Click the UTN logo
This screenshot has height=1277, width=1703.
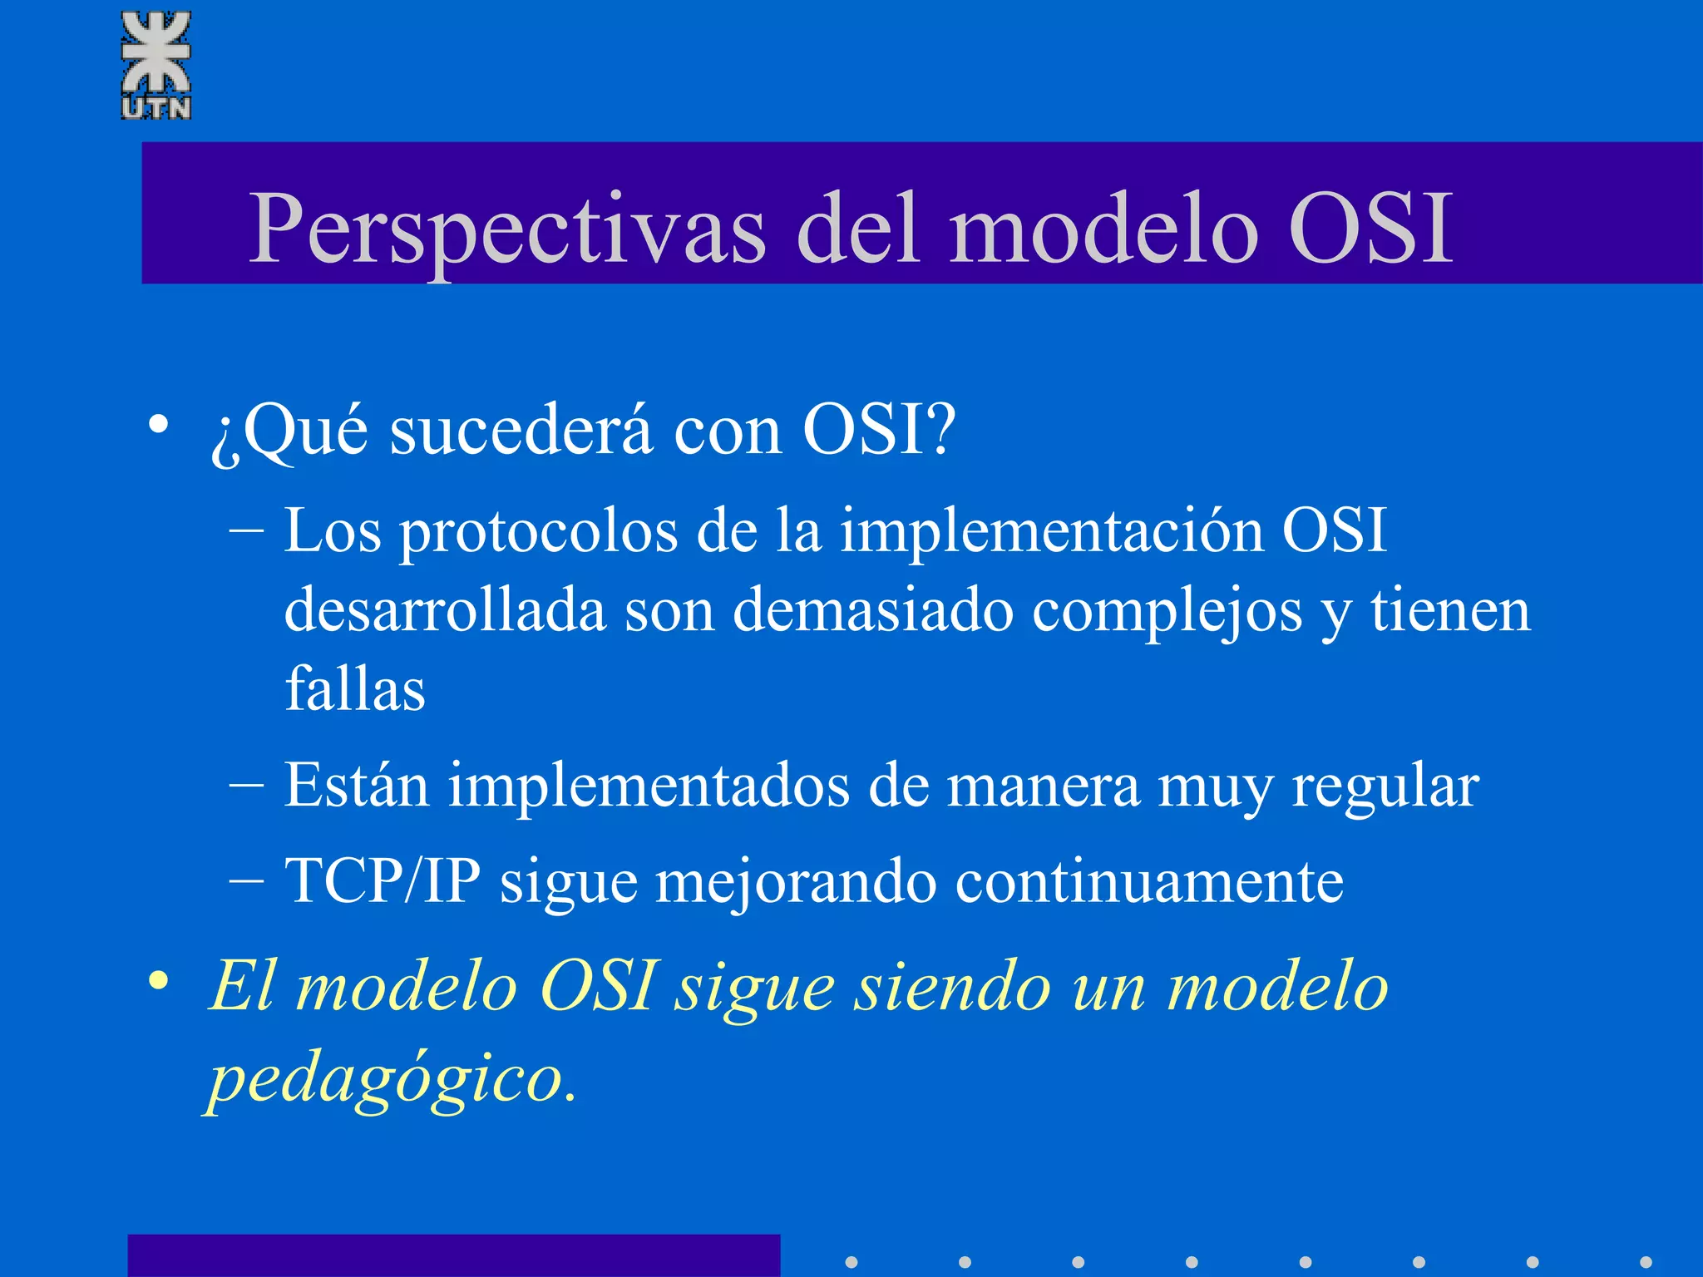click(155, 65)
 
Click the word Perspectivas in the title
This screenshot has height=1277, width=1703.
click(506, 229)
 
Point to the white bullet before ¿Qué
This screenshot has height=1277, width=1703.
click(158, 425)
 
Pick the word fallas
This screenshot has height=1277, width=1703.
click(355, 689)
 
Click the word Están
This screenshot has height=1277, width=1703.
click(356, 785)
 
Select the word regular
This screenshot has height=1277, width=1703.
click(1385, 786)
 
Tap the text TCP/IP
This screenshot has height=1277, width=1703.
click(383, 880)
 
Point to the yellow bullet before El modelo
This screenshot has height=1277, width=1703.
click(158, 981)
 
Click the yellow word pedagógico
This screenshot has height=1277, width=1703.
click(391, 1079)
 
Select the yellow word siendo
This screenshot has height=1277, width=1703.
click(953, 988)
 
